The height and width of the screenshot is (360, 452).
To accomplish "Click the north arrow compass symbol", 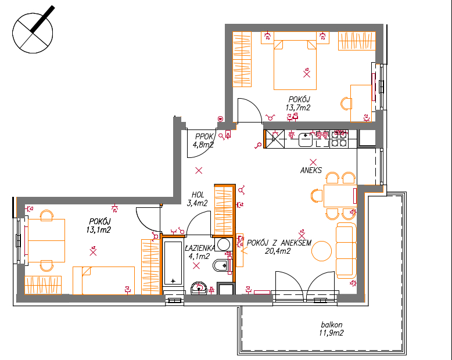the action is tap(33, 33).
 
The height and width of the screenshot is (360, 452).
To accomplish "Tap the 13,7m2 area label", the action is tap(298, 108).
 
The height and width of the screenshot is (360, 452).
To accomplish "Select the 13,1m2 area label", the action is tap(98, 230).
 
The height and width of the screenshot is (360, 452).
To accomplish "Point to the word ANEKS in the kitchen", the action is tap(311, 171).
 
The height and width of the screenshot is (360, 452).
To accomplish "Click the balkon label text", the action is tap(332, 325).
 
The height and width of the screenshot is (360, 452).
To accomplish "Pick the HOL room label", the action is tap(198, 195).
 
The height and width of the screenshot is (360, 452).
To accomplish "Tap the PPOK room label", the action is tap(204, 136).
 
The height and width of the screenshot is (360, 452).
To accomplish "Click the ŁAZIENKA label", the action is tap(200, 248).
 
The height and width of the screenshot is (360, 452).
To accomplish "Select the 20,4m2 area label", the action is tap(278, 251).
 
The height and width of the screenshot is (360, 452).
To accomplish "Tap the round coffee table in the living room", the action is tap(321, 251).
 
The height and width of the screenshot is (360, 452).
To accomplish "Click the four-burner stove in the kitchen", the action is tap(339, 139).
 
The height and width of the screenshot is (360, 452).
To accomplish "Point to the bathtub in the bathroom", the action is tap(173, 262).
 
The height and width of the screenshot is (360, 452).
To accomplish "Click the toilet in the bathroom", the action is tap(221, 265).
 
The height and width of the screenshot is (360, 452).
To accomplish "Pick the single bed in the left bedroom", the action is tap(103, 280).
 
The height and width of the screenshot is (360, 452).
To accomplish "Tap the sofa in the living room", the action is tap(346, 251).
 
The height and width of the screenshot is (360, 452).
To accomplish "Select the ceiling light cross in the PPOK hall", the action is tap(199, 171).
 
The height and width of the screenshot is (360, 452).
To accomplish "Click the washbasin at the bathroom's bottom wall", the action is tap(199, 288).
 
